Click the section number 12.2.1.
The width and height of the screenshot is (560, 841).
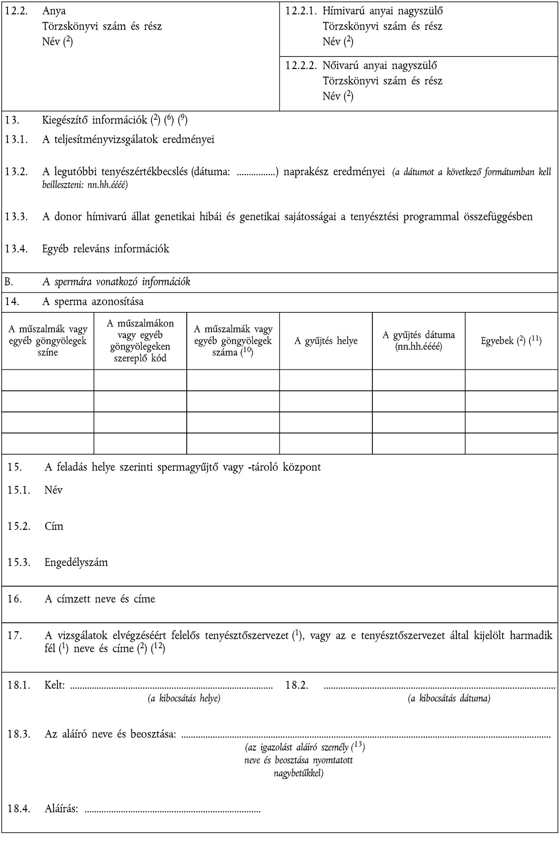click(300, 11)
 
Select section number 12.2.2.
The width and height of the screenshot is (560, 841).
click(300, 66)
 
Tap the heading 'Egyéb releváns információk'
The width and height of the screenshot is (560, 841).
click(105, 249)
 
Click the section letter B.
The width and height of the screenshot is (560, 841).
click(9, 282)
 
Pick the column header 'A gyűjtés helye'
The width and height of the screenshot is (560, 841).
click(326, 341)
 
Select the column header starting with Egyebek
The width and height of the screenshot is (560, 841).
click(511, 341)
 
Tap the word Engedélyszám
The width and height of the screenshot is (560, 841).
click(76, 562)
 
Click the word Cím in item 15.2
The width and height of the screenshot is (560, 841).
click(54, 526)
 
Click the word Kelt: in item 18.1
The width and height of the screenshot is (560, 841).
click(55, 685)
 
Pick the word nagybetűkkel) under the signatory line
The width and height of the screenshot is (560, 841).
click(298, 773)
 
